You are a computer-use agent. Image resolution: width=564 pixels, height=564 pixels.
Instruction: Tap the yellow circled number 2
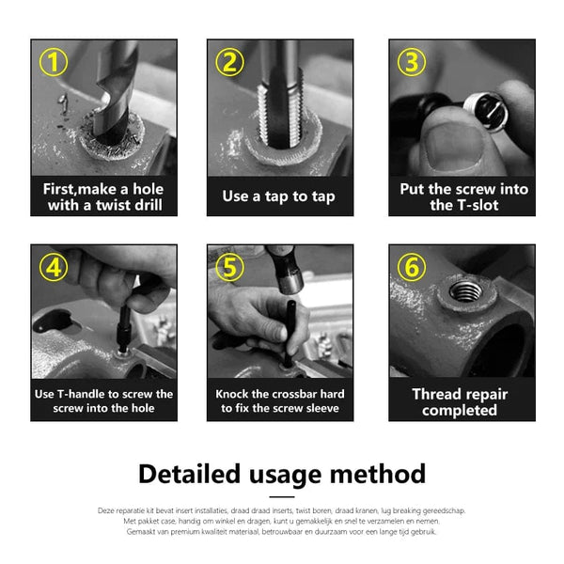230,64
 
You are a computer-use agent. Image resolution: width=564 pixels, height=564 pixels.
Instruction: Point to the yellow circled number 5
230,268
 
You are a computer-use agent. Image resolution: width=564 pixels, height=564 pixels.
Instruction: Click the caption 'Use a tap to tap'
279,196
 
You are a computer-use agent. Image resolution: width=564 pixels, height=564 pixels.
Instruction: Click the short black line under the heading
281,496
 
